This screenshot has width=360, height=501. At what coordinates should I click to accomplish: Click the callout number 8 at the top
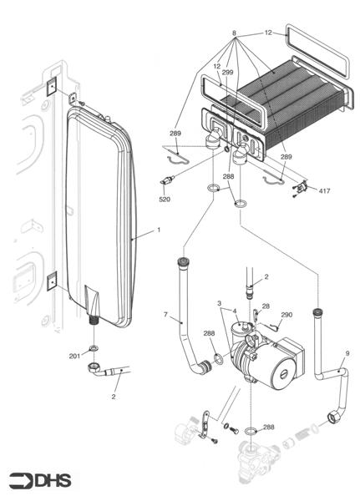[x=235, y=33]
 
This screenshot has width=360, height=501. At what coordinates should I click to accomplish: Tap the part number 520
[x=165, y=200]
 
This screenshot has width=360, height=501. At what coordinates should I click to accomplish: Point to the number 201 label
[x=74, y=356]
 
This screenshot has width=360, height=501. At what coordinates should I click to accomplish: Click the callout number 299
[x=227, y=73]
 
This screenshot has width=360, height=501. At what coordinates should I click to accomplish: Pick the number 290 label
[x=286, y=315]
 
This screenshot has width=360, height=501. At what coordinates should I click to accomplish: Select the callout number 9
[x=347, y=353]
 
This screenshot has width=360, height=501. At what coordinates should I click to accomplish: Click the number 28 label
[x=266, y=306]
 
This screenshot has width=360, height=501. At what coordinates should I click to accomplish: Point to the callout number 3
[x=219, y=303]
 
